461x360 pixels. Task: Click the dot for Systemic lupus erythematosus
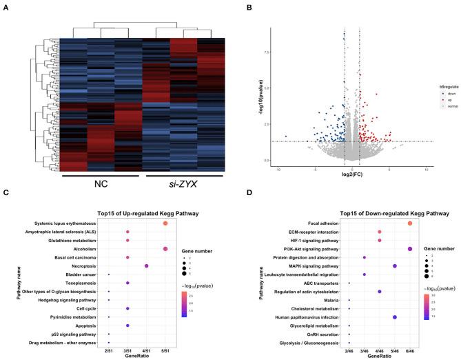pos(165,223)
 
